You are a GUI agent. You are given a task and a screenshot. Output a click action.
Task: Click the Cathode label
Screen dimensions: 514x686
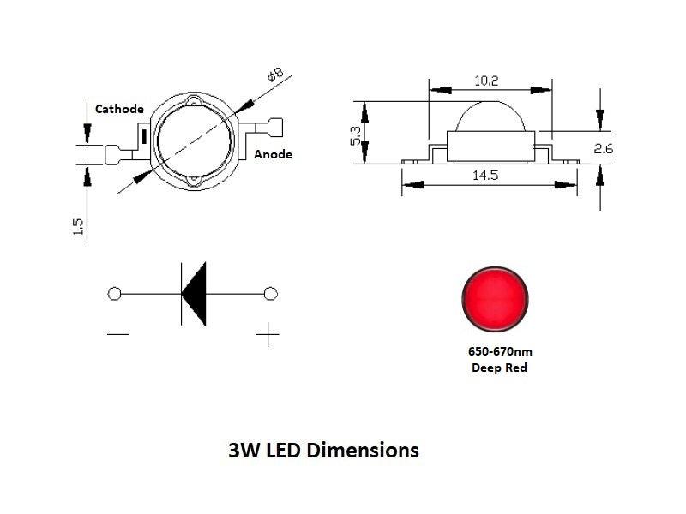pos(119,109)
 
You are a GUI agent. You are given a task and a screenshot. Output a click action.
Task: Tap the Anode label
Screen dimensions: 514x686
pos(274,154)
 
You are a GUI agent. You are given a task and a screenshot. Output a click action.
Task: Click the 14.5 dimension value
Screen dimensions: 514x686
pos(485,175)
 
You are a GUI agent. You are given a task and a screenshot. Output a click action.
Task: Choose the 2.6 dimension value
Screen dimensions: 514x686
pos(603,149)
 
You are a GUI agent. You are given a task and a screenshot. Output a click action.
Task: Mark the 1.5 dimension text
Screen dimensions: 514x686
pos(78,226)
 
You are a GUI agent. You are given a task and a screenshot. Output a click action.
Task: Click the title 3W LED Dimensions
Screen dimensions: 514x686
pos(323,450)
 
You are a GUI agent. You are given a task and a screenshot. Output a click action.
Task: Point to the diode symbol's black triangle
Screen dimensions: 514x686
pos(196,294)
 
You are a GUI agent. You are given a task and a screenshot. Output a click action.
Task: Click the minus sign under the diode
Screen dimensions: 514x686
pos(119,334)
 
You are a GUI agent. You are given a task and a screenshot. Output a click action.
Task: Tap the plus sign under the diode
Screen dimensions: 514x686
pos(268,334)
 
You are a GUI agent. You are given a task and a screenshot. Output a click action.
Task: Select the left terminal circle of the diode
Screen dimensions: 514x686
pos(115,294)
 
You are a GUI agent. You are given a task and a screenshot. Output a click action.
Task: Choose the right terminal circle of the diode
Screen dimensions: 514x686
pos(271,294)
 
